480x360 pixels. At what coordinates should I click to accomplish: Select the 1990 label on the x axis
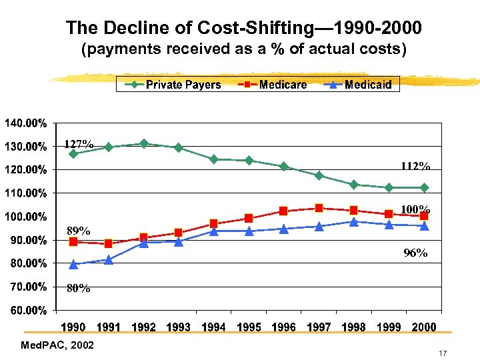pyautogui.click(x=73, y=327)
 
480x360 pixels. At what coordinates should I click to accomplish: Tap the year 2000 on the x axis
pyautogui.click(x=424, y=327)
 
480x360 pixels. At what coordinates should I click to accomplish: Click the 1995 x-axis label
pyautogui.click(x=249, y=327)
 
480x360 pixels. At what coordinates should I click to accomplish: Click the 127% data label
pyautogui.click(x=79, y=144)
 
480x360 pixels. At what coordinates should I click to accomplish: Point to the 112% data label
pyautogui.click(x=415, y=166)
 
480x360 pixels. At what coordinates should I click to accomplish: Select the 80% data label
pyautogui.click(x=78, y=289)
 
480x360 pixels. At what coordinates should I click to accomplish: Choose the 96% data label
pyautogui.click(x=415, y=253)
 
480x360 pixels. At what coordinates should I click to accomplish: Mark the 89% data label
pyautogui.click(x=78, y=231)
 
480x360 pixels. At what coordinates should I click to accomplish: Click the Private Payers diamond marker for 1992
pyautogui.click(x=143, y=143)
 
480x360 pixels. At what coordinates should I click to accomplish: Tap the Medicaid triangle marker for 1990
pyautogui.click(x=73, y=265)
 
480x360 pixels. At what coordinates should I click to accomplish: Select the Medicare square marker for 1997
pyautogui.click(x=319, y=208)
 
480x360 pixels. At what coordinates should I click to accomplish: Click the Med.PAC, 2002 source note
pyautogui.click(x=57, y=345)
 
